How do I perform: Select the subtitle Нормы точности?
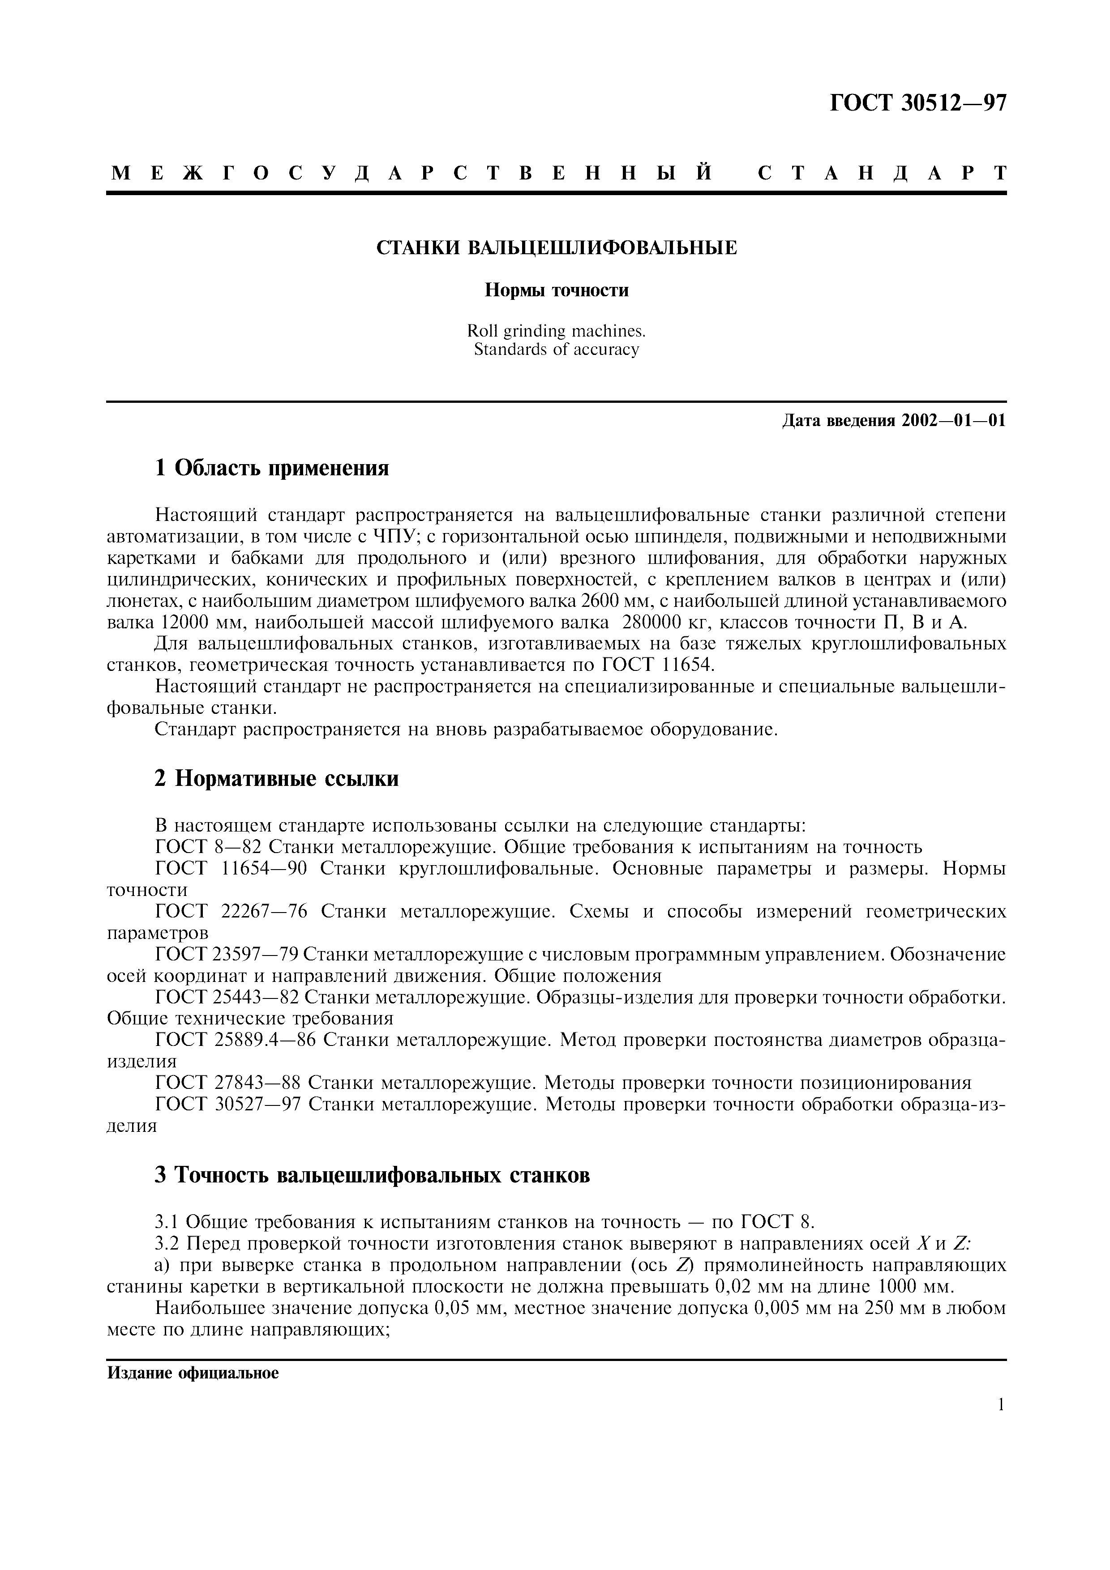coord(557,290)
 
